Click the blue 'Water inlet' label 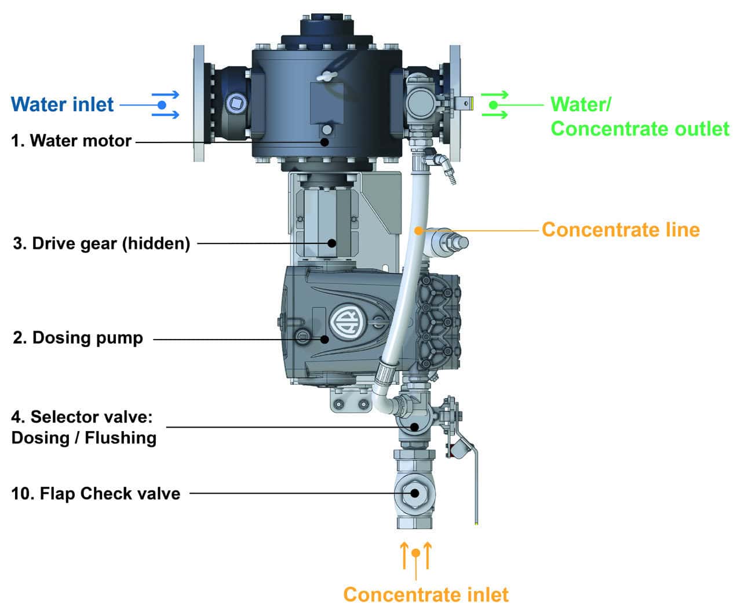pyautogui.click(x=63, y=105)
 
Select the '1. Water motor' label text pyautogui.click(x=72, y=141)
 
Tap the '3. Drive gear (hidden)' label pyautogui.click(x=101, y=243)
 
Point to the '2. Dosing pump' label pyautogui.click(x=78, y=338)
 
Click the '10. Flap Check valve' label pyautogui.click(x=96, y=494)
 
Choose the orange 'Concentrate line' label pyautogui.click(x=621, y=230)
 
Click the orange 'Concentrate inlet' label pyautogui.click(x=426, y=595)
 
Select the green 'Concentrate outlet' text pyautogui.click(x=640, y=129)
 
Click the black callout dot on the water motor pyautogui.click(x=325, y=141)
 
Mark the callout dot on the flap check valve pyautogui.click(x=415, y=494)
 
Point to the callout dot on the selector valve pyautogui.click(x=414, y=427)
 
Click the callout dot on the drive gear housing pyautogui.click(x=332, y=243)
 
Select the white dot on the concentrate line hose pyautogui.click(x=418, y=231)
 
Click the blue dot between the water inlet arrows pyautogui.click(x=162, y=105)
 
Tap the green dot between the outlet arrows pyautogui.click(x=493, y=105)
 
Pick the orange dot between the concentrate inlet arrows pyautogui.click(x=415, y=553)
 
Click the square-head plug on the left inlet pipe pyautogui.click(x=235, y=104)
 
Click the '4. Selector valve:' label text pyautogui.click(x=82, y=417)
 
